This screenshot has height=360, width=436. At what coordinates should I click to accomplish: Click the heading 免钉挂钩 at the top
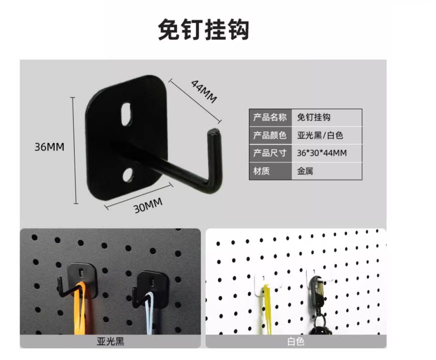(204, 30)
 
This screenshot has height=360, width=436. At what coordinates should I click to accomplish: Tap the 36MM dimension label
(49, 147)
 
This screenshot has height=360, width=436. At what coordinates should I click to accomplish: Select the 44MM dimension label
(204, 91)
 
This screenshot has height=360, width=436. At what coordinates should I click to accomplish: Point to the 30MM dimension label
(148, 205)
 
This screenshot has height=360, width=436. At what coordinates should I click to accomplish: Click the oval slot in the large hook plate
(126, 114)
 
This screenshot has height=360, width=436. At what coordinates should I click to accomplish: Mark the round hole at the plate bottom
(128, 174)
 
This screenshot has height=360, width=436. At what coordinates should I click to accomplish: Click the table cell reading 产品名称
(270, 117)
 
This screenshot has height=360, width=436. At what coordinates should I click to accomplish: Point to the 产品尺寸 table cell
(270, 153)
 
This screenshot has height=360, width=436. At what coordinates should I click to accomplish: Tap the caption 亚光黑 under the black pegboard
(110, 341)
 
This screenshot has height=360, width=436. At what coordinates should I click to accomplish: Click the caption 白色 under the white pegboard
(296, 341)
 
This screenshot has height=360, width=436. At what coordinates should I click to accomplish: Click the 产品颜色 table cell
(270, 135)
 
